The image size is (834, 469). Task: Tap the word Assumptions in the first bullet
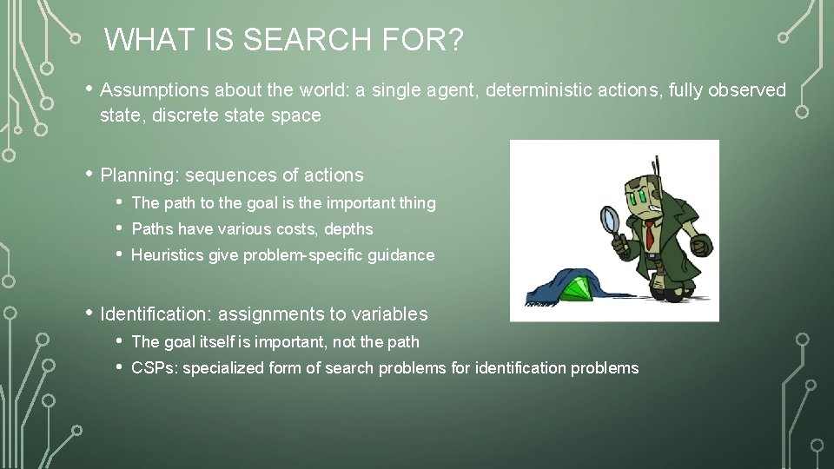pyautogui.click(x=154, y=90)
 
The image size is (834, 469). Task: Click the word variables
pyautogui.click(x=391, y=314)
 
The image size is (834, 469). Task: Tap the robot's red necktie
pyautogui.click(x=650, y=233)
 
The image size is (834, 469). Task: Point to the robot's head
pyautogui.click(x=646, y=196)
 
